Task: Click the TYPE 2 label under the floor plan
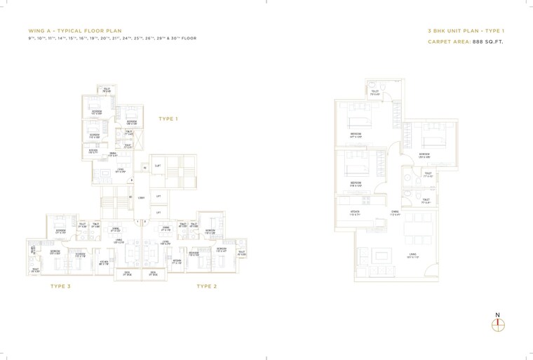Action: point(206,286)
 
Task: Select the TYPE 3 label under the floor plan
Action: point(61,286)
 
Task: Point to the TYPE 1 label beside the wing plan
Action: point(168,119)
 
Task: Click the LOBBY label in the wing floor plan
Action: point(141,198)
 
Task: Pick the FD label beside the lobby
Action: point(130,197)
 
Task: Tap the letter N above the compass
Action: point(498,315)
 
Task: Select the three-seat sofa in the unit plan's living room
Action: point(382,270)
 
